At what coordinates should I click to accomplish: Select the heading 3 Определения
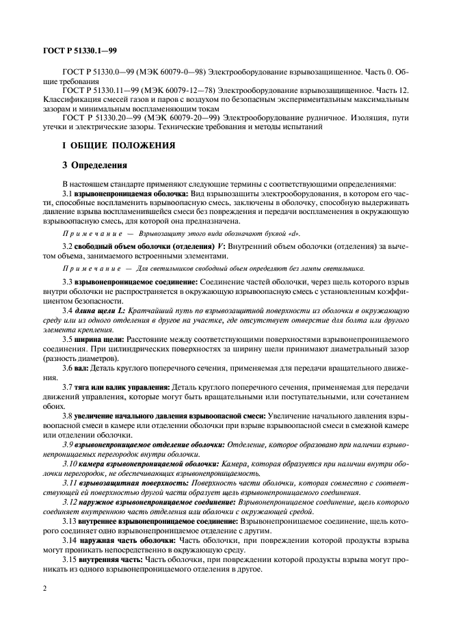[x=93, y=165]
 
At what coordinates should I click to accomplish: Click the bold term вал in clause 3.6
[x=81, y=367]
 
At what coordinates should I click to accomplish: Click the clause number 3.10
[x=69, y=464]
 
